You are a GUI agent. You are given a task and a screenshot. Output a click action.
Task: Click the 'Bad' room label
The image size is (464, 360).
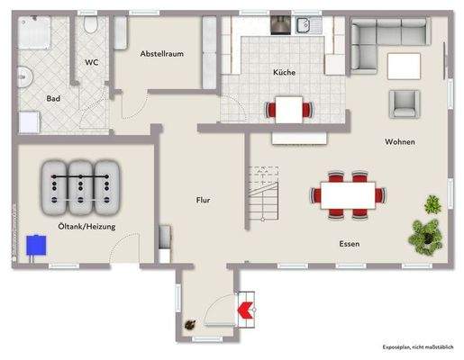click(53, 99)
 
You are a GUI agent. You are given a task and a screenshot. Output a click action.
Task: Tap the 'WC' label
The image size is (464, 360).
click(92, 62)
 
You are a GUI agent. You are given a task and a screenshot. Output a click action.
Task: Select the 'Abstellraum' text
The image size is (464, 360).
click(162, 54)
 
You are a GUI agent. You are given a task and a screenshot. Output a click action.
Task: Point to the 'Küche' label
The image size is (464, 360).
click(285, 72)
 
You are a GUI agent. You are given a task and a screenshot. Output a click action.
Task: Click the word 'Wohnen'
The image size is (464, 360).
click(399, 142)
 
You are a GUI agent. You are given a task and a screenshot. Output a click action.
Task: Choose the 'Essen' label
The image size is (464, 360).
click(350, 244)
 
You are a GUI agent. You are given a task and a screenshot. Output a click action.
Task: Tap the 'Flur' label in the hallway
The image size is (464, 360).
click(203, 200)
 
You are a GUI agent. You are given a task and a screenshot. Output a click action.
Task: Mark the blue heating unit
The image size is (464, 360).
click(37, 245)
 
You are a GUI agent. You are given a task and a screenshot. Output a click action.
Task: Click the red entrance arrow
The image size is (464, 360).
click(244, 310)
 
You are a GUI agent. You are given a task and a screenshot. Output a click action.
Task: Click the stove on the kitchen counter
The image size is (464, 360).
click(280, 25)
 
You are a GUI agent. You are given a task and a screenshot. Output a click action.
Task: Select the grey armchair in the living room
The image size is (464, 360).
click(403, 102)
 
